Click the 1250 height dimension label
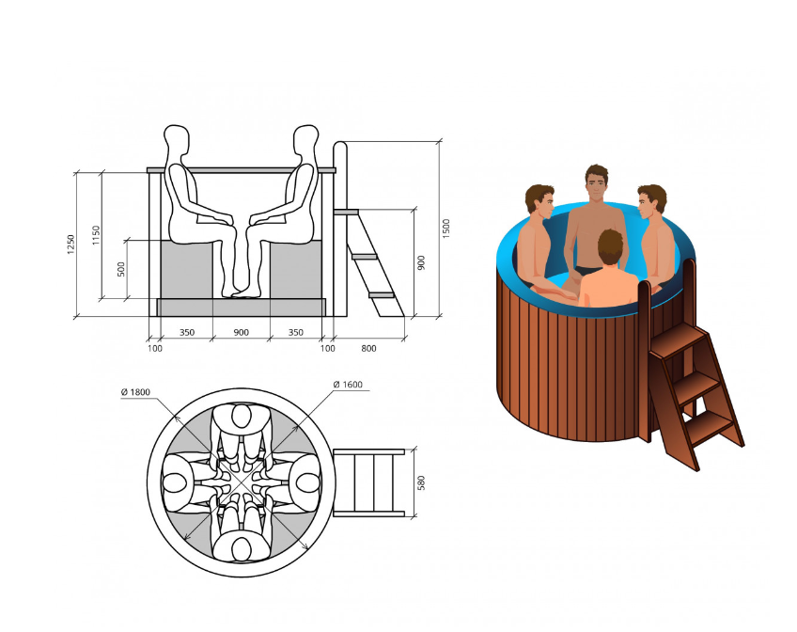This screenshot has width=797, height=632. click(x=70, y=245)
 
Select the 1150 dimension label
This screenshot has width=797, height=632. click(x=96, y=235)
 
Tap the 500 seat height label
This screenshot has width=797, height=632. click(x=121, y=269)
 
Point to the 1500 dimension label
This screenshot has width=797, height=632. click(x=445, y=229)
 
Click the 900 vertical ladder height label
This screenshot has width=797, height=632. click(x=421, y=262)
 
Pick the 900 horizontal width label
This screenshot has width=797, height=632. click(x=241, y=333)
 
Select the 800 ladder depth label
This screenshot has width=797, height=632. click(x=368, y=348)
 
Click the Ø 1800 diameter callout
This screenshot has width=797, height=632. click(x=135, y=392)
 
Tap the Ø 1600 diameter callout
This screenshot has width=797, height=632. click(x=348, y=385)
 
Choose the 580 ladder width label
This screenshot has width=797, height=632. click(x=421, y=483)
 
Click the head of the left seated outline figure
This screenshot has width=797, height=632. click(x=177, y=139)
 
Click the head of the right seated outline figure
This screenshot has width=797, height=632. click(x=306, y=139)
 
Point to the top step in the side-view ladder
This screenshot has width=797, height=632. click(x=346, y=212)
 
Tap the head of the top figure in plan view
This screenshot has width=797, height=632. click(x=242, y=416)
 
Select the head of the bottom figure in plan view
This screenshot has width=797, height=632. click(x=242, y=549)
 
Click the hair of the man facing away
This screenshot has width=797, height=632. click(x=611, y=246)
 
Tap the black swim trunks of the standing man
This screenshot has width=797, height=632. click(x=588, y=271)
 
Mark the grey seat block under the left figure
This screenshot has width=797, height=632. click(x=186, y=270)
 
